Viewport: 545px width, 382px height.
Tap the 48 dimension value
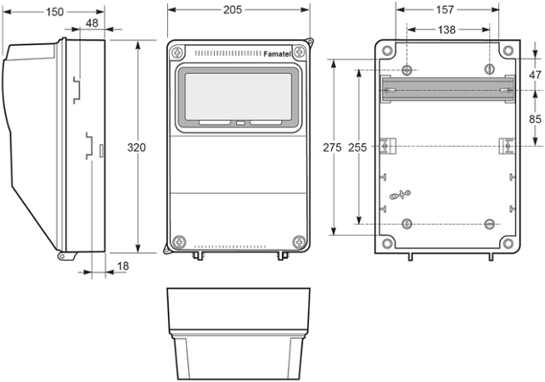tap(91, 23)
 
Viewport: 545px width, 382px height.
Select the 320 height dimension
tap(136, 148)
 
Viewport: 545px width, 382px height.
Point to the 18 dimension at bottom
tap(122, 267)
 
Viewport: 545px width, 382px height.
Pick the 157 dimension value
tap(445, 10)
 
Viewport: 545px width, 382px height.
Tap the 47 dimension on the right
tap(534, 75)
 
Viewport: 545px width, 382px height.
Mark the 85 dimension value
tap(534, 119)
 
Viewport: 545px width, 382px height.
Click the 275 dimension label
tap(332, 148)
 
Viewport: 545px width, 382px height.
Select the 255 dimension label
tap(357, 148)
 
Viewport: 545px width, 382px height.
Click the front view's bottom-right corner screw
tap(298, 242)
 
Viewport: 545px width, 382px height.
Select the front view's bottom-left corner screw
tap(177, 242)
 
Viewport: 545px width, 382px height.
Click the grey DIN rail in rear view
tap(447, 89)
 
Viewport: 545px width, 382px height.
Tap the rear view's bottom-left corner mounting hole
tap(387, 244)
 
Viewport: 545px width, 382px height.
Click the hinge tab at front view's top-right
tap(309, 42)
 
